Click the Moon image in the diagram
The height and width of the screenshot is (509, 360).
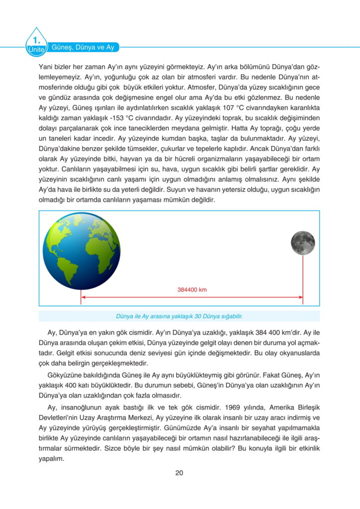tap(303, 242)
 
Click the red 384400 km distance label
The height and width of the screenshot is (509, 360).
tap(191, 290)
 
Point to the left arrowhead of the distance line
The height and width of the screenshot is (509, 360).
tap(84, 297)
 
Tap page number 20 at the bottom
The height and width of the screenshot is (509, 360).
tap(180, 472)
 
